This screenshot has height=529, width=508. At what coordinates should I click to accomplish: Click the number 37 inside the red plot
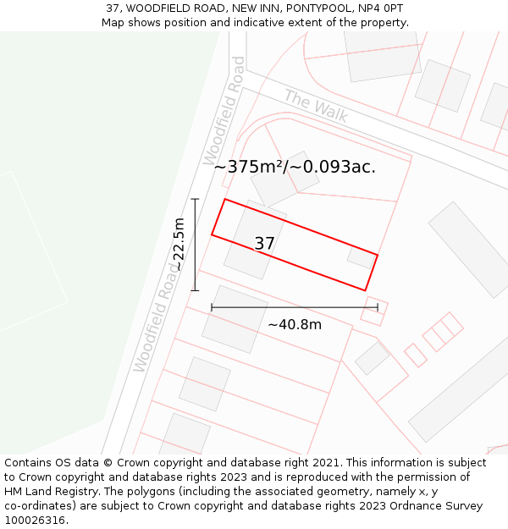coord(265,244)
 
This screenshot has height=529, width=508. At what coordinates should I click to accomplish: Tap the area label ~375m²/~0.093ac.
coord(295,167)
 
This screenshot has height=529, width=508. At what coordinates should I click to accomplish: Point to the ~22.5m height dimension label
coord(179,245)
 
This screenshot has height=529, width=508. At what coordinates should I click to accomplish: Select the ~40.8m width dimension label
coord(295,324)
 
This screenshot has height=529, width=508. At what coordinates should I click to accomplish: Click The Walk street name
coord(315,107)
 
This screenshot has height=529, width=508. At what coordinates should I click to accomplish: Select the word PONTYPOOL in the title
coord(315,8)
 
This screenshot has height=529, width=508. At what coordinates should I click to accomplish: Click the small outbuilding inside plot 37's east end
coord(361,257)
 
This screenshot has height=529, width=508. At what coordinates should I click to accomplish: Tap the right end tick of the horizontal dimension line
coord(377,307)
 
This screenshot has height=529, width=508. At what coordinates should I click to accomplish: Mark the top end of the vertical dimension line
coord(195,199)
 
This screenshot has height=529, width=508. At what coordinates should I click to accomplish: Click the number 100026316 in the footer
coord(33,521)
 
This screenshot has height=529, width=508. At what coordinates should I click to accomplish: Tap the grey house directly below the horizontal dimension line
coord(234,319)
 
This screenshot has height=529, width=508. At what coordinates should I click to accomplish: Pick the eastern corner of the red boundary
coord(378,255)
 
